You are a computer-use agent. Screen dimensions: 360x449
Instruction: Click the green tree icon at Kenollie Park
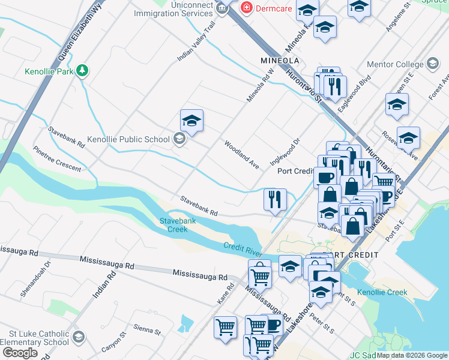[x=82, y=71]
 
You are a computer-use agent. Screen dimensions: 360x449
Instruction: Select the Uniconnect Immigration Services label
[x=173, y=8]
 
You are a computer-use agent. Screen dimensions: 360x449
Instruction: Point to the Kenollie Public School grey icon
[x=178, y=139]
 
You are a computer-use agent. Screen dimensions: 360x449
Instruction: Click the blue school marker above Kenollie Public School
[x=191, y=121]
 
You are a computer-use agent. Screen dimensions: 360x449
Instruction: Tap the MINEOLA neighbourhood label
[x=280, y=61]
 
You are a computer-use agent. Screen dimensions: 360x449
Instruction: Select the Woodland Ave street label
[x=241, y=154]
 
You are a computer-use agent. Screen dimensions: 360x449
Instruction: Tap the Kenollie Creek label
[x=382, y=293]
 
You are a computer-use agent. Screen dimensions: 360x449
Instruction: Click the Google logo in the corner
[x=20, y=353]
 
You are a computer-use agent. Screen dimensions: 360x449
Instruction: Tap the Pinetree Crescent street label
[x=57, y=159]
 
